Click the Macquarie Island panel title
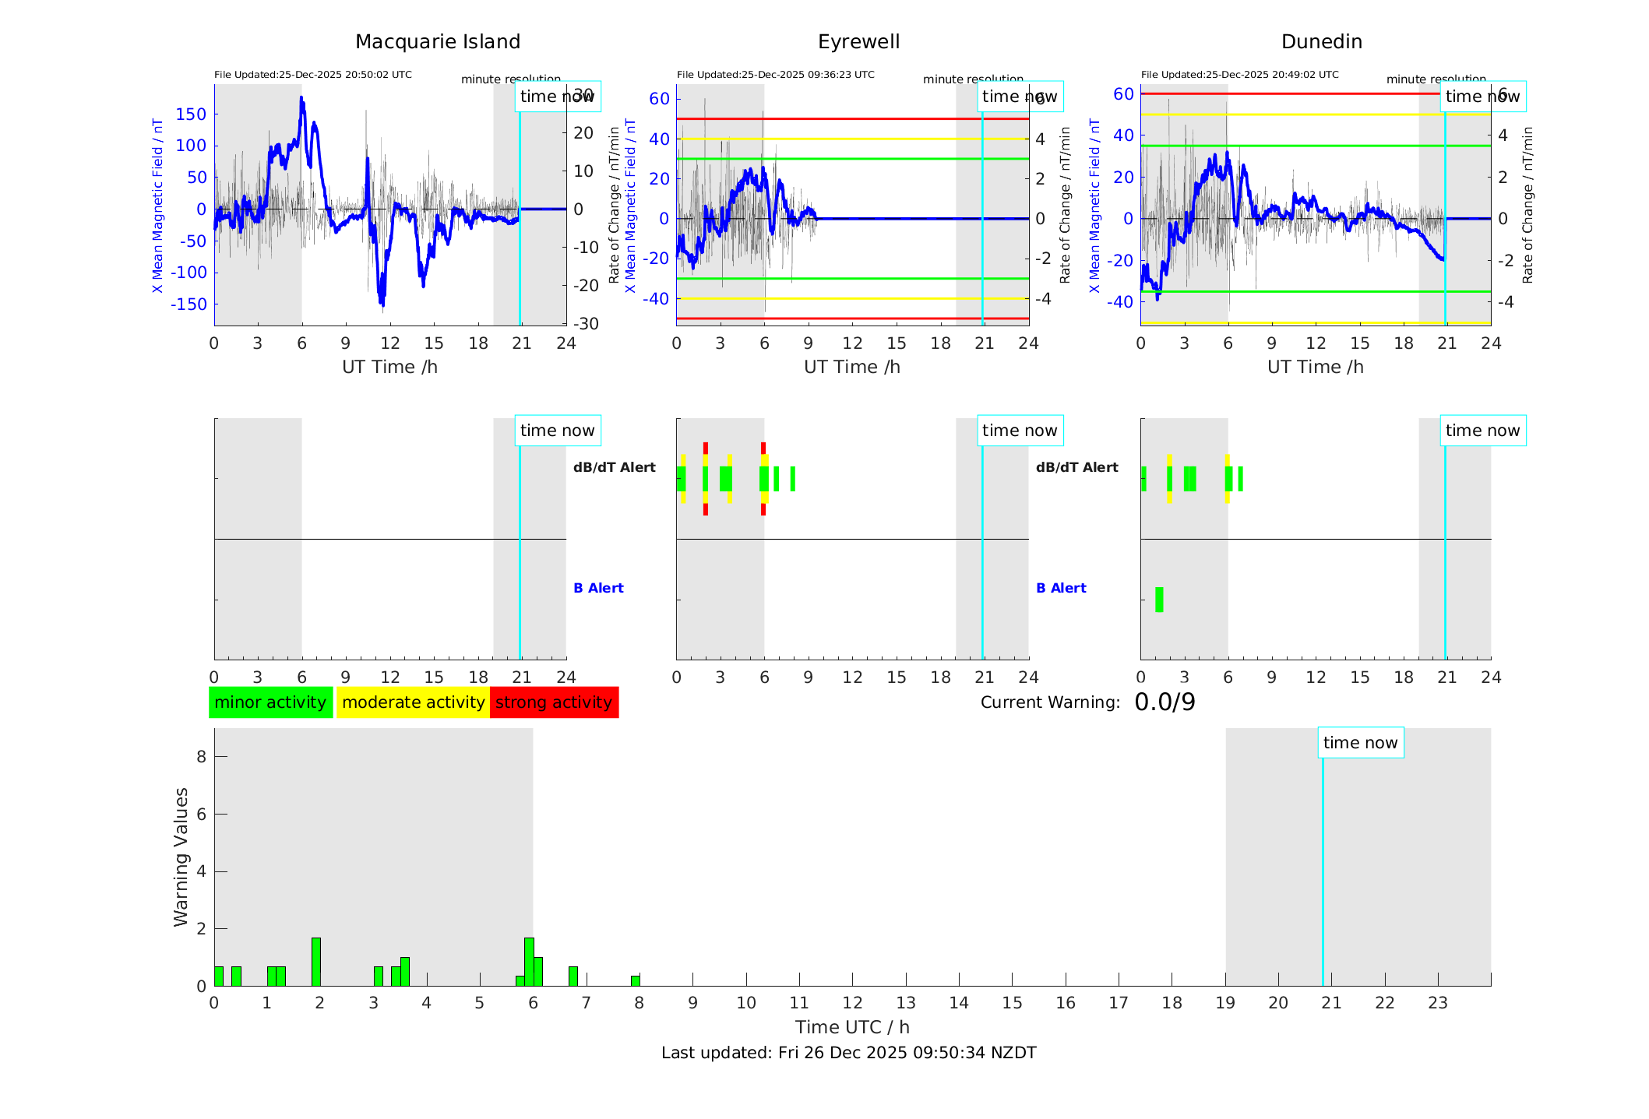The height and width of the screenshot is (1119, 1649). (438, 42)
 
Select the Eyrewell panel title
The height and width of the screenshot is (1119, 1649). (858, 42)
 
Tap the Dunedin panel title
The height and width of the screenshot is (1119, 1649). (1321, 42)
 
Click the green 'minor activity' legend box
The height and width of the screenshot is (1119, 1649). (270, 702)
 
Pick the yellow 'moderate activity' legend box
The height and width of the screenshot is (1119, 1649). (413, 702)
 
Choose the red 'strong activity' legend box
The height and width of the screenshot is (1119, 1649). (554, 702)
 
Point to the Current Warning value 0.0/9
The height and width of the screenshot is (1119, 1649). (1165, 702)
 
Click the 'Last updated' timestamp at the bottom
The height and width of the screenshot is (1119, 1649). (848, 1053)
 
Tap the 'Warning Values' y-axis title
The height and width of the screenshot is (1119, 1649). (181, 857)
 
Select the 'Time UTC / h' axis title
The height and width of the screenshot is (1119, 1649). (852, 1027)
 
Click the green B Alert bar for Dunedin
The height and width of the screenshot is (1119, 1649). (1159, 600)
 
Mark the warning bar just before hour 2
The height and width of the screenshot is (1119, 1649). (316, 962)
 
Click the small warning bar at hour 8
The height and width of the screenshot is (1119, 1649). (636, 980)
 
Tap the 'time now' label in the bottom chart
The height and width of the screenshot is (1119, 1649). (1360, 743)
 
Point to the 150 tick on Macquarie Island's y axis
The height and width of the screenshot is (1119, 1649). (191, 114)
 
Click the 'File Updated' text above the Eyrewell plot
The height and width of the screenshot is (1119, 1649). (775, 75)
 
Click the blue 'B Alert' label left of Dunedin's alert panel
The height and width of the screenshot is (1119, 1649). (1061, 588)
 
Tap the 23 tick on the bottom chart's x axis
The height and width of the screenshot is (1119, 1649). (1437, 1003)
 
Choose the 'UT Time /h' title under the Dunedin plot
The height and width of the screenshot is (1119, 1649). (1315, 367)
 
